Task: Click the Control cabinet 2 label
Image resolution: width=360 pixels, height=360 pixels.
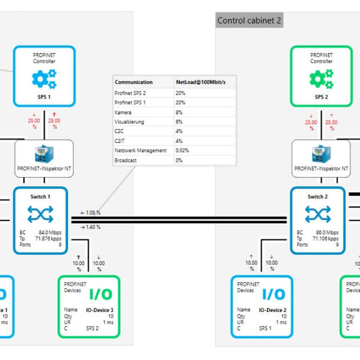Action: pyautogui.click(x=249, y=20)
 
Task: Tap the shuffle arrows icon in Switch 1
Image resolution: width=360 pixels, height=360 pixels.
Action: pyautogui.click(x=41, y=214)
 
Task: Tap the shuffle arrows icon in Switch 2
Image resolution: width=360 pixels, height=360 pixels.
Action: pyautogui.click(x=318, y=214)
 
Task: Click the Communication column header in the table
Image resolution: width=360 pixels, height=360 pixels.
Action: pyautogui.click(x=133, y=82)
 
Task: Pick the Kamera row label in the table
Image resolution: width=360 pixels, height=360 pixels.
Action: pyautogui.click(x=123, y=112)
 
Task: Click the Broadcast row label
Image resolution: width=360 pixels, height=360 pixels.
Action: pyautogui.click(x=126, y=160)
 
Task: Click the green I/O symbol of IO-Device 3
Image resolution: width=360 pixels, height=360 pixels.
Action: pyautogui.click(x=100, y=294)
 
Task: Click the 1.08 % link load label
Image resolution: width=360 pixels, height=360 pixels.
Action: pyautogui.click(x=90, y=212)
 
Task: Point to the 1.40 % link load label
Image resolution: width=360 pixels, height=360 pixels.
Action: pyautogui.click(x=90, y=227)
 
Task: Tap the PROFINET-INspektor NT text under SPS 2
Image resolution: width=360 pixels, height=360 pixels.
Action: pyautogui.click(x=321, y=169)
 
